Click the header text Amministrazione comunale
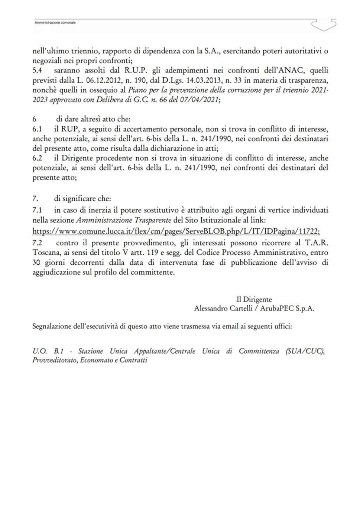point(55,23)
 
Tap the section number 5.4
point(37,70)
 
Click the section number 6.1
point(37,129)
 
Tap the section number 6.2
point(37,158)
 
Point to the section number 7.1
point(37,210)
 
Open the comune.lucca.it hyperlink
point(176,231)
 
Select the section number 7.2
point(37,243)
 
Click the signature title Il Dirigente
point(254,299)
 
